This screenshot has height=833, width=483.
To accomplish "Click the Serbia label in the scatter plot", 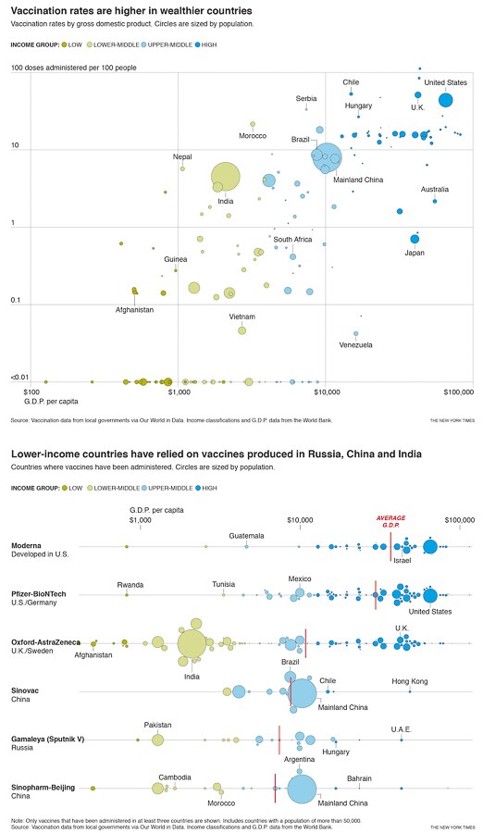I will click(x=306, y=98).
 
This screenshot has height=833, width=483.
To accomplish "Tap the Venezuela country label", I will click(x=355, y=345).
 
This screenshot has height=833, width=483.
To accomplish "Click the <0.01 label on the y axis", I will click(x=20, y=378).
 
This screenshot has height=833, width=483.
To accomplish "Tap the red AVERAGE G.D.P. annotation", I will click(x=390, y=520).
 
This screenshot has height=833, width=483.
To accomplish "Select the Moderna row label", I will click(x=28, y=545).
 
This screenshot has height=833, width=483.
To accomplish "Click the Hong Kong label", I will click(x=410, y=681).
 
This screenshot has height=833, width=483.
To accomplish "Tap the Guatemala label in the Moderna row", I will click(x=247, y=535).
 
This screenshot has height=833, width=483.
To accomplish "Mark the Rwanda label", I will click(x=130, y=584).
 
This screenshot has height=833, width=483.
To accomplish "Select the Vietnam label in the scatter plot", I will click(x=242, y=317).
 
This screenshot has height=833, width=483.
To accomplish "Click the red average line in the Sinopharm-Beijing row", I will click(x=275, y=788).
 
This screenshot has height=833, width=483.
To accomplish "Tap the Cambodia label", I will click(x=175, y=777).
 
